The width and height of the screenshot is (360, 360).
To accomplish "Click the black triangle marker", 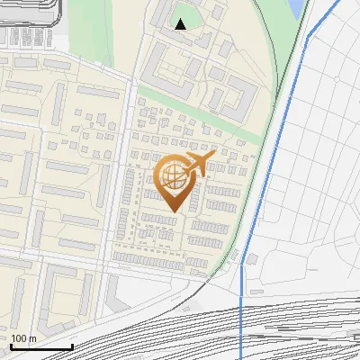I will pos(181,24).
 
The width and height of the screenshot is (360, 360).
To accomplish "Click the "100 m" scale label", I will pos(23,338).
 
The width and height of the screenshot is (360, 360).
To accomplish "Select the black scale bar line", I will pos(41,346).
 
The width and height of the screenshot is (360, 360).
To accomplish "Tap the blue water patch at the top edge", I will pos(296,9).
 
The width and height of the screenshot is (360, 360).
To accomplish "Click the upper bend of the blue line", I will pos(310,37).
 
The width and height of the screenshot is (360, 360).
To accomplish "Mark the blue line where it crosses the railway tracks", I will pos(241,324).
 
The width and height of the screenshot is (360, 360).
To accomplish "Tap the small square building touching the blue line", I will pos(250,259).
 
